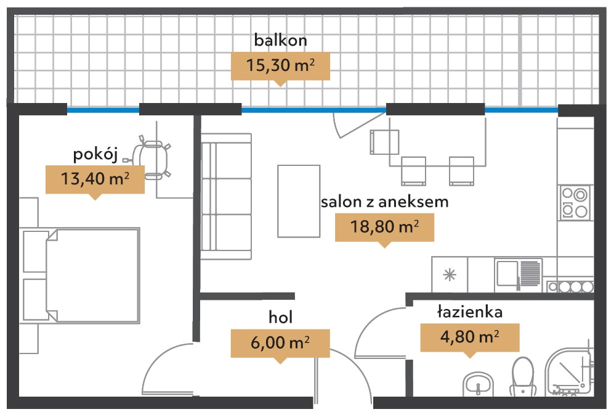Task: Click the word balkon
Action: tap(280, 40)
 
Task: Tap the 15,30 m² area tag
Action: tap(280, 66)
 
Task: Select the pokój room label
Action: tap(95, 155)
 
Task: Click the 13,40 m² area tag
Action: tap(95, 180)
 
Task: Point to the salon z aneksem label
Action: tap(384, 202)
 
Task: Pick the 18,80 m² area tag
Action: tap(384, 227)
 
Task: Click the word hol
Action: tap(280, 317)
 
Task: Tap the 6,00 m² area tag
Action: tap(280, 343)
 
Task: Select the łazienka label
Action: tap(470, 312)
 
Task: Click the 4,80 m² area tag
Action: tap(470, 337)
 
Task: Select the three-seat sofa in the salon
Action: tap(226, 197)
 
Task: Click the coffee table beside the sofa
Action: tap(299, 201)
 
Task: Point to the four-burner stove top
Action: tap(575, 202)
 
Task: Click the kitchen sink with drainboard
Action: tap(519, 275)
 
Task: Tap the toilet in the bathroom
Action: tap(523, 376)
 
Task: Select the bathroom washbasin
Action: tap(478, 384)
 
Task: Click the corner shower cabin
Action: tap(569, 371)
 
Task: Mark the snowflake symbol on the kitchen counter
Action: tap(450, 275)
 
